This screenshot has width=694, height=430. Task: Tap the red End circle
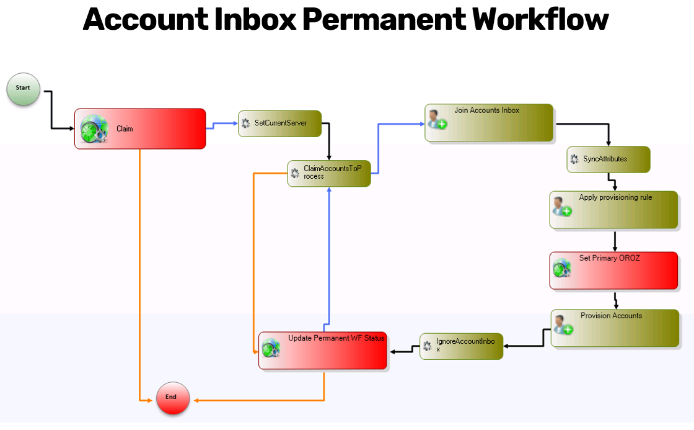tap(172, 398)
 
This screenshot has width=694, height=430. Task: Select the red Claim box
tap(140, 129)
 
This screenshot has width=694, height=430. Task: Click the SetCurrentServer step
tap(280, 123)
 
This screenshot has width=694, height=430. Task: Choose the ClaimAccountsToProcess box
tap(329, 173)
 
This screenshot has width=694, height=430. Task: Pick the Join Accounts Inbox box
tap(489, 122)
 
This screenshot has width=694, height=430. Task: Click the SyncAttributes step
tap(608, 159)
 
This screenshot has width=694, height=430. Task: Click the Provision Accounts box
tap(615, 328)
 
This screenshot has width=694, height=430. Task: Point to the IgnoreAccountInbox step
tap(462, 346)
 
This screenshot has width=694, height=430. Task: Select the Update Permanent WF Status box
tap(323, 351)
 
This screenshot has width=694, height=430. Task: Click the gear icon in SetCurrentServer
tap(246, 123)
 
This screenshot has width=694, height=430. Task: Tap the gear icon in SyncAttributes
tap(574, 159)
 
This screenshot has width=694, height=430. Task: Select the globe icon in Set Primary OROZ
tap(562, 268)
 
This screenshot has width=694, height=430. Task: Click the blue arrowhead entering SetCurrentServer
tap(235, 123)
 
